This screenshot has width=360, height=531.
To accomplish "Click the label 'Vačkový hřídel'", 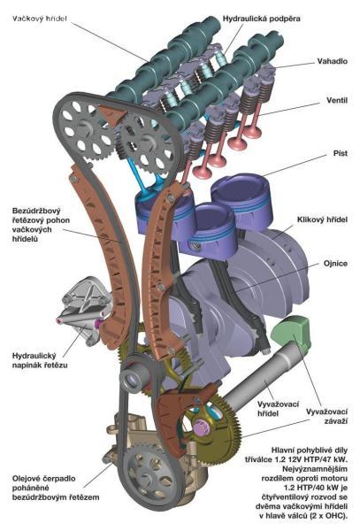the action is pyautogui.click(x=39, y=19).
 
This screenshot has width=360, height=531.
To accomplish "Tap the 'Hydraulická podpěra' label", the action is pyautogui.click(x=261, y=19).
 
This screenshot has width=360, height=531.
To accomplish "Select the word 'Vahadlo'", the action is pyautogui.click(x=332, y=61).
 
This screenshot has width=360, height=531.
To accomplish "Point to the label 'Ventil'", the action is pyautogui.click(x=337, y=100).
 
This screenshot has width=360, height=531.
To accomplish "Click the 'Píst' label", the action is pyautogui.click(x=340, y=153).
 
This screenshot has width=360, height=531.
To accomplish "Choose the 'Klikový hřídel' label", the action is pyautogui.click(x=322, y=219).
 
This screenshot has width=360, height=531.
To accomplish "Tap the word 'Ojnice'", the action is pyautogui.click(x=335, y=264).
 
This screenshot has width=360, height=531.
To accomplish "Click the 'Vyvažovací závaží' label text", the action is pyautogui.click(x=326, y=416).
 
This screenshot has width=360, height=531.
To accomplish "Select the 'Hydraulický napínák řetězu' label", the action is pyautogui.click(x=40, y=360).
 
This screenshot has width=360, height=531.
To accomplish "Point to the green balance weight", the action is pyautogui.click(x=292, y=333).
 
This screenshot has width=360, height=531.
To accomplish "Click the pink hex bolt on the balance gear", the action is pyautogui.click(x=202, y=427).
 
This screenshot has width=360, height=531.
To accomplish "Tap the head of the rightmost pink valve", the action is pyautogui.click(x=252, y=132).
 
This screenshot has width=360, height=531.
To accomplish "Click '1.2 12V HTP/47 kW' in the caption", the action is pyautogui.click(x=296, y=459).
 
